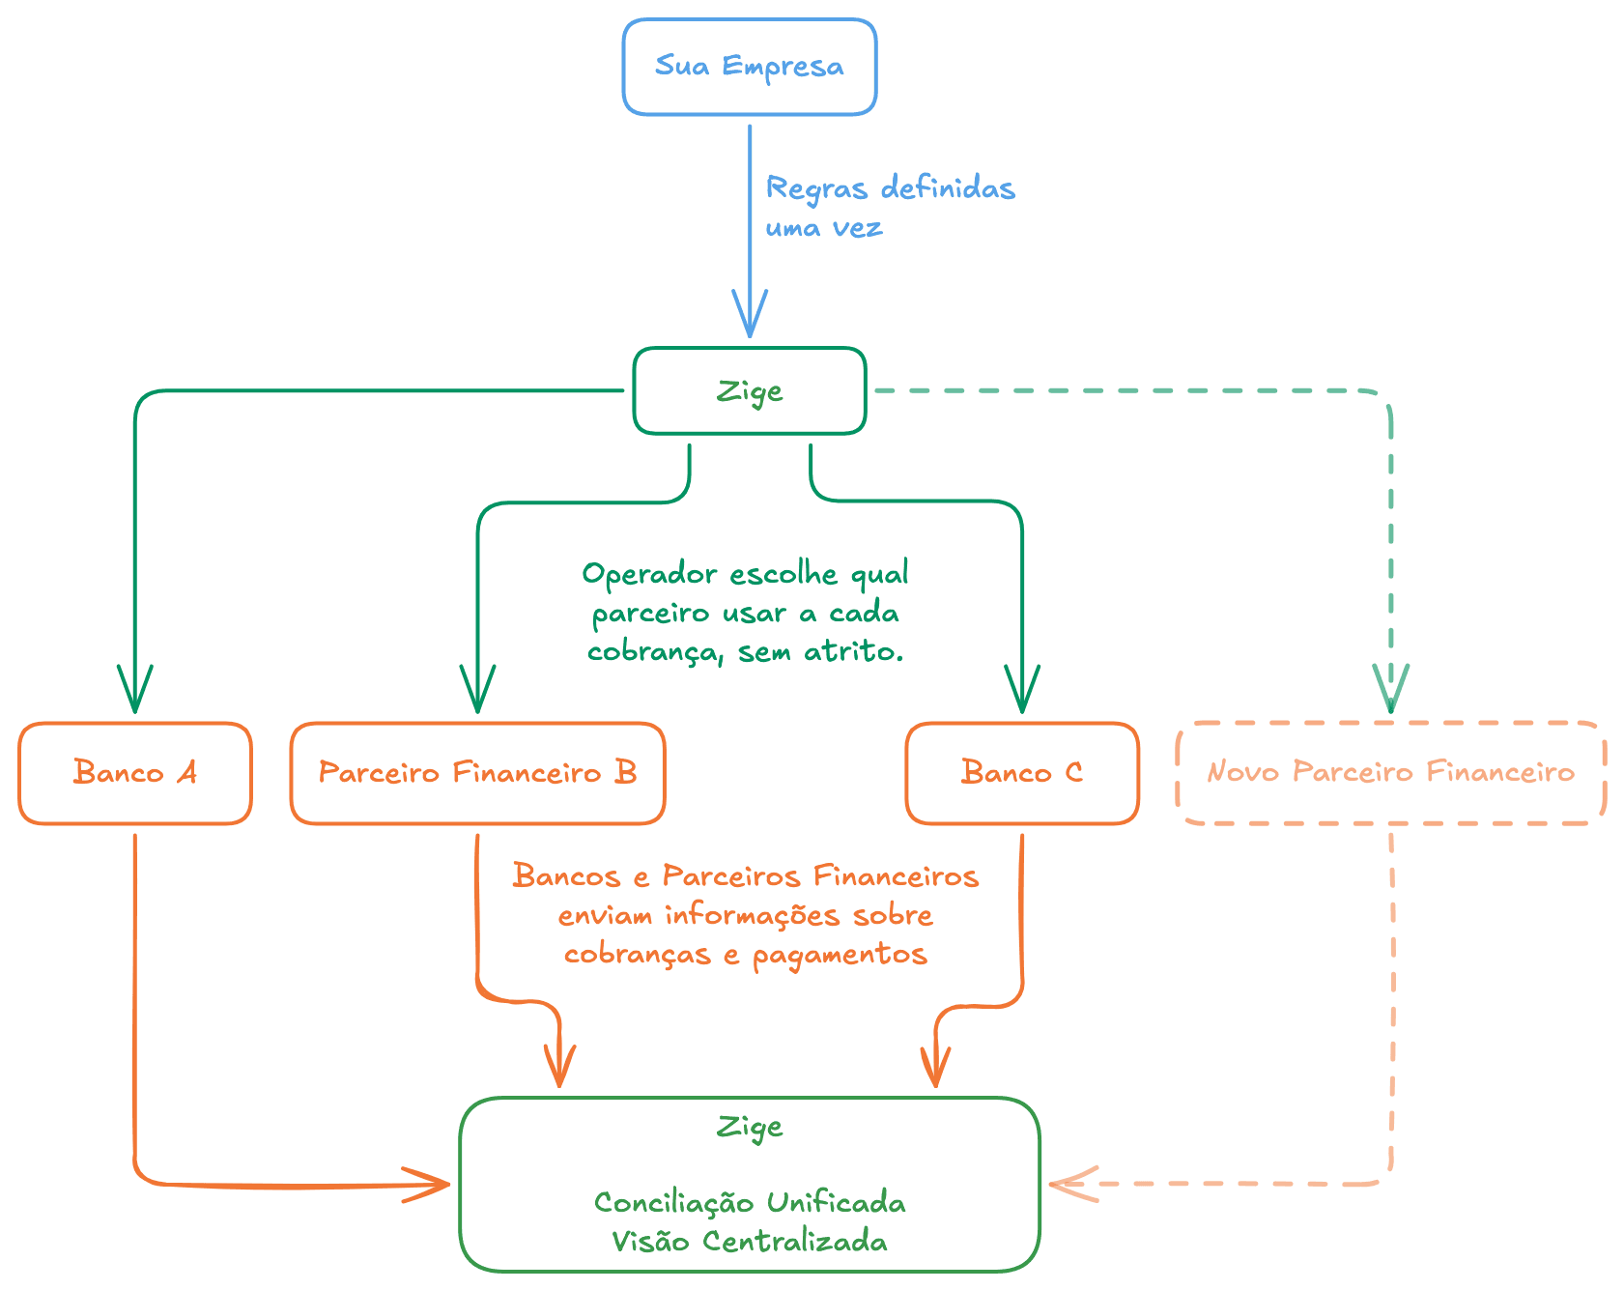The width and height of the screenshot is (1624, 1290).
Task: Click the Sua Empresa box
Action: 749,67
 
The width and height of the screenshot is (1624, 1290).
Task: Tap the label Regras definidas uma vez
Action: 889,206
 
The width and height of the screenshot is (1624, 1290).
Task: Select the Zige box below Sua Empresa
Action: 749,391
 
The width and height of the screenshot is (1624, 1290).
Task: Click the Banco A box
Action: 135,773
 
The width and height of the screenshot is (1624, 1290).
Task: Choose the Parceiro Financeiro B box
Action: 477,773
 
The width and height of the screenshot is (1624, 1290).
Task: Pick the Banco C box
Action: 1022,773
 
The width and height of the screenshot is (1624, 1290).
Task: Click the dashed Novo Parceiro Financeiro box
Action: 1390,772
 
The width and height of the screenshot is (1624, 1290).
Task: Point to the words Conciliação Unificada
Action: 749,1203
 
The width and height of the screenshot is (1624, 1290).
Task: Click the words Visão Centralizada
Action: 749,1242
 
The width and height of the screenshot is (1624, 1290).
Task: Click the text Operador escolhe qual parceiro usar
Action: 746,613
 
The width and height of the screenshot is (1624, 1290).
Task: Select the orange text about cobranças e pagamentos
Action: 745,915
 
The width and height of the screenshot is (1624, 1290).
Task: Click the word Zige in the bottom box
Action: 749,1128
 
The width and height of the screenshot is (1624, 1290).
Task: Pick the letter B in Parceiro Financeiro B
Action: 625,772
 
